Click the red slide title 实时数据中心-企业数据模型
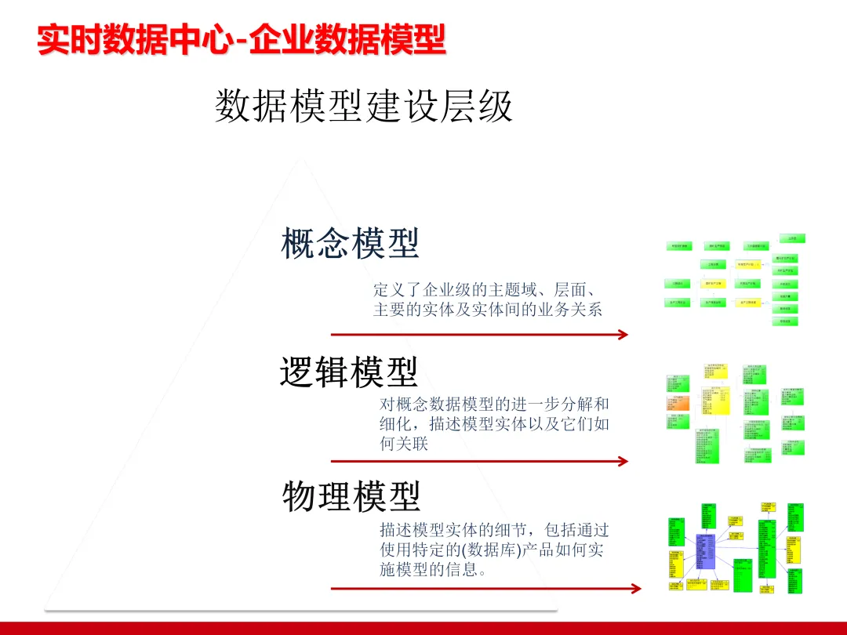point(241,39)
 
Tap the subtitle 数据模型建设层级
point(363,107)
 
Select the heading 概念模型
point(350,244)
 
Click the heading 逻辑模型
point(349,372)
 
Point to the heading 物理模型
point(351,496)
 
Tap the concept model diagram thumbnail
point(735,280)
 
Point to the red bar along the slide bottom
point(423,628)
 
